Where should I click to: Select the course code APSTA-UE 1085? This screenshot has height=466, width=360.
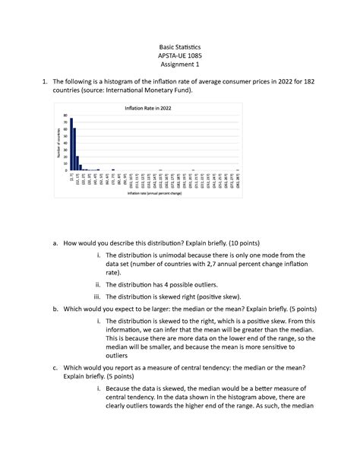coord(180,55)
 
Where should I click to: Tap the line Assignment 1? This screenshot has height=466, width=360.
coord(180,66)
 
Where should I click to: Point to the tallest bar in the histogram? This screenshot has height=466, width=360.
coord(71,144)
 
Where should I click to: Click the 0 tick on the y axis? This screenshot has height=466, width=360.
coord(65,170)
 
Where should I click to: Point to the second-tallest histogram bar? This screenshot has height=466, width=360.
coord(74,150)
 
